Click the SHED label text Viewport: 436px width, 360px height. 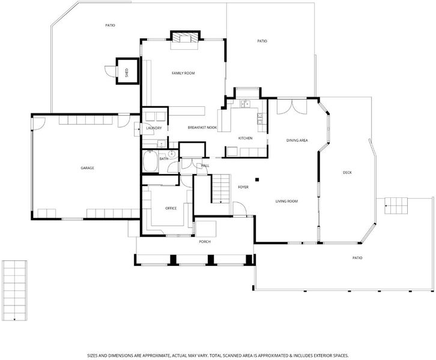[x=127, y=73]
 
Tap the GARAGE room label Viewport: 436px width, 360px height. [x=87, y=168]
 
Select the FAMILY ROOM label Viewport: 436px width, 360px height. [x=183, y=73]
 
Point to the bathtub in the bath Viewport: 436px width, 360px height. [x=151, y=161]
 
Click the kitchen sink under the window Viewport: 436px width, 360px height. [x=245, y=104]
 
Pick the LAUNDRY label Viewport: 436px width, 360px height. [x=154, y=128]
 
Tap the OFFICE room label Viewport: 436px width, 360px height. [x=171, y=208]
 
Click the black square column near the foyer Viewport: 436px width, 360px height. [x=257, y=179]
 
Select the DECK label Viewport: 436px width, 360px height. [x=347, y=173]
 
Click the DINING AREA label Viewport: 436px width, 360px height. [x=297, y=140]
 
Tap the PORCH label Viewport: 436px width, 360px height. [x=205, y=242]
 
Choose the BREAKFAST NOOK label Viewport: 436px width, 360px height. [x=202, y=127]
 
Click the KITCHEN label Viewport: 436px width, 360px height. [x=245, y=138]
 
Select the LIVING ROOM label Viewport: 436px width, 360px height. [x=286, y=201]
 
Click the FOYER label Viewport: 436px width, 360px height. [x=243, y=187]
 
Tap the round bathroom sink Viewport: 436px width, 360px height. [x=172, y=154]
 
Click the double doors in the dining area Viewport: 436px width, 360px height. [x=292, y=106]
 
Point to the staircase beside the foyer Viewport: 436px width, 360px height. [x=221, y=189]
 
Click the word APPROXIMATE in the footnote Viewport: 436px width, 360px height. [x=155, y=355]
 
